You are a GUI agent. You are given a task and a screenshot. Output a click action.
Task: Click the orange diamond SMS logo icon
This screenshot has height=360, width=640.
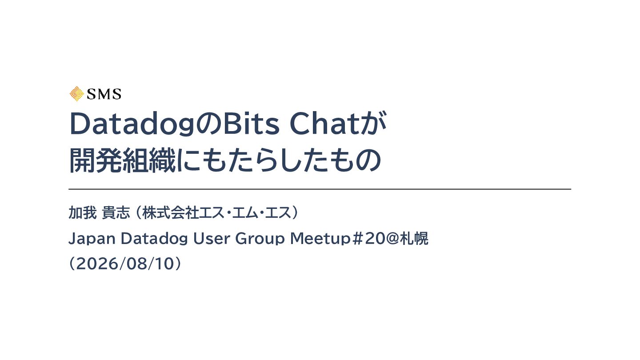(76, 94)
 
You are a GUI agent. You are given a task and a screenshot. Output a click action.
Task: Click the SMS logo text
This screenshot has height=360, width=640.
(104, 94)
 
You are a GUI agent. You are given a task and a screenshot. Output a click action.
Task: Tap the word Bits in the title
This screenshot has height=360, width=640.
(251, 124)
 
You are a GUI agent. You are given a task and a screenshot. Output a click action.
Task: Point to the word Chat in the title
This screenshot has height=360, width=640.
(324, 124)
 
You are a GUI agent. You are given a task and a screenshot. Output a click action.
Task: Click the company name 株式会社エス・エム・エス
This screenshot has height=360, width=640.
(217, 212)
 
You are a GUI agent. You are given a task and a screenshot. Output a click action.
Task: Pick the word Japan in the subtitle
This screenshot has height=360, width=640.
(92, 239)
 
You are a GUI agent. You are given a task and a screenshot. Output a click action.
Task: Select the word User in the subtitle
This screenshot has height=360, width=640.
(212, 238)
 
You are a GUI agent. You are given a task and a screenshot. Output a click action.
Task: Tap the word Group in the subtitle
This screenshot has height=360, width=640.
(260, 239)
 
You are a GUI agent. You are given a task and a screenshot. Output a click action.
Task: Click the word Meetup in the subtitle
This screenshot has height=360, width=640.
(320, 239)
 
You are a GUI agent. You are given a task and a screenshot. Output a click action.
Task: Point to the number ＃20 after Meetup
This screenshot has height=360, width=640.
(368, 239)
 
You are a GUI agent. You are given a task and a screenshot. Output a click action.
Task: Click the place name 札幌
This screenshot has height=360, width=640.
(414, 238)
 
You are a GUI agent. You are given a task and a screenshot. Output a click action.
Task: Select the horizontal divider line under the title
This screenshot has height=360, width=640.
(320, 189)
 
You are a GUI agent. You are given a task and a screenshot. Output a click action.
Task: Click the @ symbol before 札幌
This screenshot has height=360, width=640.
(392, 239)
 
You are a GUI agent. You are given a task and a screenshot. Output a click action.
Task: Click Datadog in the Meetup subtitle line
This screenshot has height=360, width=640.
(154, 239)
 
